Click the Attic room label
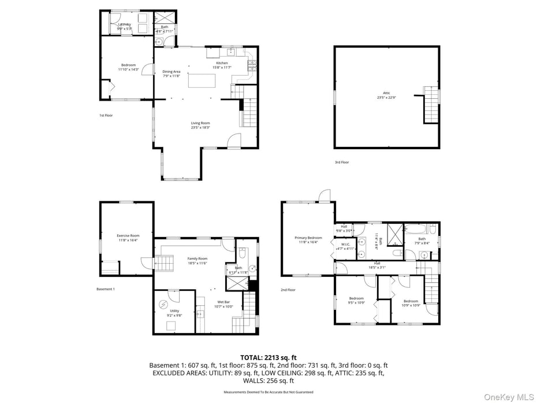(x=386, y=95)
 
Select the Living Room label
(x=200, y=125)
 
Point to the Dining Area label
(x=171, y=73)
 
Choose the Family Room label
(x=197, y=261)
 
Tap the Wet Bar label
(x=225, y=304)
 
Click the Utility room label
(x=174, y=313)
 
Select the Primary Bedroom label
(x=308, y=240)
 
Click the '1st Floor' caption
(x=106, y=116)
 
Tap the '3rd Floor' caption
(x=342, y=162)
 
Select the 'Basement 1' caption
(x=106, y=289)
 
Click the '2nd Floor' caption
(x=288, y=290)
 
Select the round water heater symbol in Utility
(x=163, y=305)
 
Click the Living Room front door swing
(x=234, y=140)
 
